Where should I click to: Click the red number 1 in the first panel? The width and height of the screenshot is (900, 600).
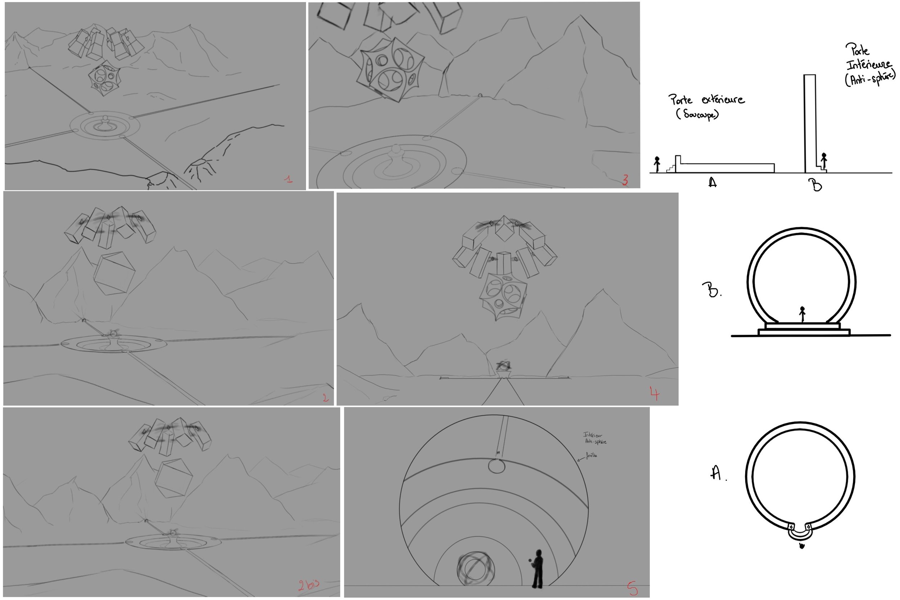tap(289, 179)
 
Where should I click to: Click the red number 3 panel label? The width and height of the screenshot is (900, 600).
tap(625, 180)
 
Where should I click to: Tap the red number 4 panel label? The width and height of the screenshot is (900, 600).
tap(654, 393)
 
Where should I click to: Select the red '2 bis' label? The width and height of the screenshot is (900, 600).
tap(308, 584)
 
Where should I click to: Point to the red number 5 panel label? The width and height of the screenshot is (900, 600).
tap(632, 588)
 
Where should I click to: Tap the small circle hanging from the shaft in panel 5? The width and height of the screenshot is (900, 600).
tap(496, 466)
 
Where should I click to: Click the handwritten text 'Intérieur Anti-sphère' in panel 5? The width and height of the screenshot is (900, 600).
tap(594, 438)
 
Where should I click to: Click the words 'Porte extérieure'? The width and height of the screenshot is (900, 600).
tap(706, 100)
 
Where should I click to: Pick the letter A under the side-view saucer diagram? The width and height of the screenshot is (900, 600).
tap(712, 183)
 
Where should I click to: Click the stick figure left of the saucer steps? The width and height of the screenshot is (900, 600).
tap(657, 164)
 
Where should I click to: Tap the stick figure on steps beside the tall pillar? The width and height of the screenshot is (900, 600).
tap(824, 160)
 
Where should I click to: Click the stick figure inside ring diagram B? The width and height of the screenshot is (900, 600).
tap(802, 314)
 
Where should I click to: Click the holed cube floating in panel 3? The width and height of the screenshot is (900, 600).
tap(390, 69)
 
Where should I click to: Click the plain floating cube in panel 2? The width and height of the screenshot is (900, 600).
tap(114, 273)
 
